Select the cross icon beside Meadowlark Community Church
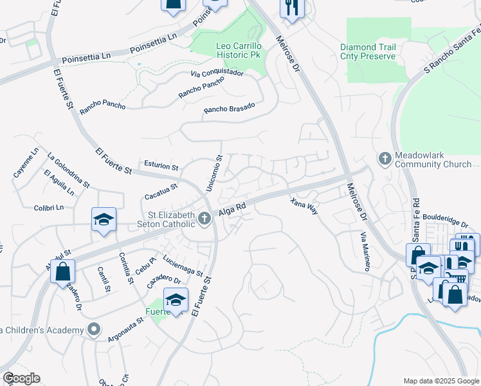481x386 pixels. point(385,158)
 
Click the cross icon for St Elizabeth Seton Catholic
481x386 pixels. point(204,219)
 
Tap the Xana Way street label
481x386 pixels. point(304,207)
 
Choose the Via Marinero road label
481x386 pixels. point(365,252)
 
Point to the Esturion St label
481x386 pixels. point(161,165)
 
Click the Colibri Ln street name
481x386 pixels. point(50,208)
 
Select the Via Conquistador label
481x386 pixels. point(217,73)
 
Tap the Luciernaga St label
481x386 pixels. point(183,265)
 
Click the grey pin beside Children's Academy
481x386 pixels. point(95,330)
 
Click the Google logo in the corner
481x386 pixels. point(21,378)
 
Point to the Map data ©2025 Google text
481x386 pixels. point(441,381)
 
